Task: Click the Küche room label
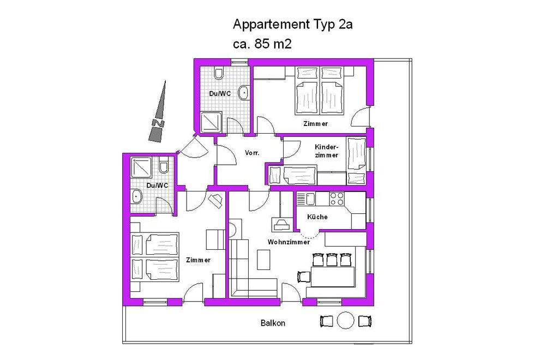(317, 217)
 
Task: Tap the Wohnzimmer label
(289, 242)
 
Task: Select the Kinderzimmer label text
(326, 151)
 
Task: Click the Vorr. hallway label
(252, 153)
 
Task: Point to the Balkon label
(273, 323)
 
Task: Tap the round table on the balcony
(346, 321)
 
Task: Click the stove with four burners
(337, 199)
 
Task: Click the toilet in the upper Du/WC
(219, 73)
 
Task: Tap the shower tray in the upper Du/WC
(211, 122)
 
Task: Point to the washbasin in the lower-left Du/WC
(136, 196)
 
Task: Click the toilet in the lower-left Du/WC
(164, 166)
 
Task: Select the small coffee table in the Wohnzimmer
(263, 260)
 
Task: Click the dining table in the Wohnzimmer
(333, 277)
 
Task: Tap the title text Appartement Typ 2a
(292, 25)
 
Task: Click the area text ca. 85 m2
(262, 44)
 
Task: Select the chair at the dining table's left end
(304, 277)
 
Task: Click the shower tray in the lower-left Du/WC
(141, 167)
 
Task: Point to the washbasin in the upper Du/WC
(244, 92)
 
